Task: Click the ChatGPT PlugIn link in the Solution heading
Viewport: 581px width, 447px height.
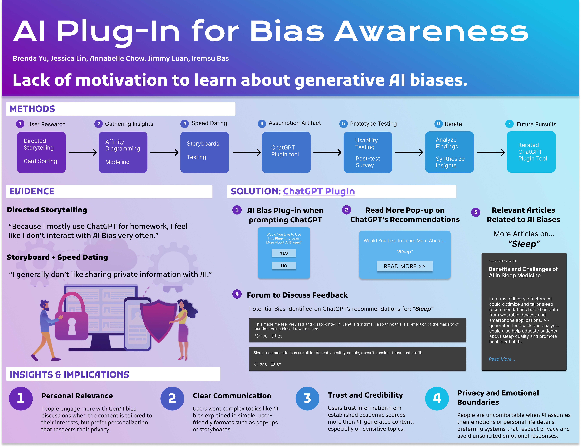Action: coord(319,191)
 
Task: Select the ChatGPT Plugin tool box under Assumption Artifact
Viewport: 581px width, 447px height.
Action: coord(286,152)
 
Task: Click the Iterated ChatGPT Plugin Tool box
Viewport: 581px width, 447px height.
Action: coord(531,152)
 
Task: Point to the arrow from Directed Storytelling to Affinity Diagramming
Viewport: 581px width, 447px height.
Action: coord(82,152)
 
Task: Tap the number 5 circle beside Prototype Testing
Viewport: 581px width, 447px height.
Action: coord(343,123)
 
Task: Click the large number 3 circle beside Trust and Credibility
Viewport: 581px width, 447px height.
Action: coord(307,398)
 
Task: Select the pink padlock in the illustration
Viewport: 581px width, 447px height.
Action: coord(72,319)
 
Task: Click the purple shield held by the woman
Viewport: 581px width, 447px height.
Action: coord(159,319)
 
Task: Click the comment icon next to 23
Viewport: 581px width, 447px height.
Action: coord(274,336)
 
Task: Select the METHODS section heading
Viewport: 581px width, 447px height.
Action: coord(32,109)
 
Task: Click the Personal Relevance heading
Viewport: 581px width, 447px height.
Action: coord(77,396)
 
